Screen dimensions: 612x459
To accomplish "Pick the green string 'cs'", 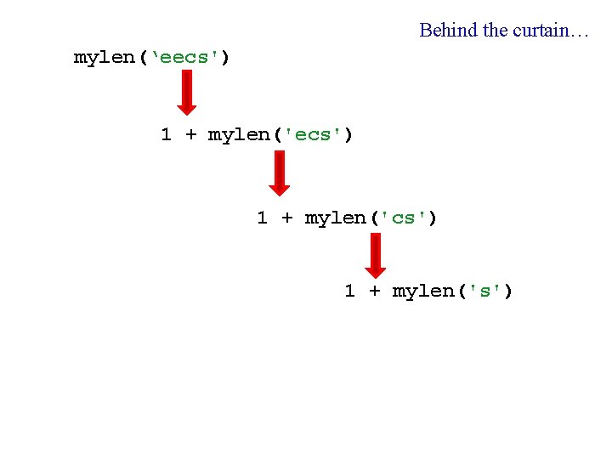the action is [x=404, y=218].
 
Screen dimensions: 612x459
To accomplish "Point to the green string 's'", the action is [x=485, y=292].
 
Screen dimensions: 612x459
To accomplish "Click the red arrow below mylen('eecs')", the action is [x=186, y=92].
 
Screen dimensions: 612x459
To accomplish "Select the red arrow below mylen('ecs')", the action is [x=279, y=173].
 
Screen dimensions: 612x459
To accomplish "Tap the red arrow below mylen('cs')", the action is [x=375, y=255].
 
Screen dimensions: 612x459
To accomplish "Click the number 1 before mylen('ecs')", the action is [x=167, y=134].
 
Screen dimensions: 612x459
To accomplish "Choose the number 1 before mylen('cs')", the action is [x=263, y=218].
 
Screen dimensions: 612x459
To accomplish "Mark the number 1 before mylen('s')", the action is [x=350, y=292].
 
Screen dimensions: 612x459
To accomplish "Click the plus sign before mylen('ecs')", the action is [x=190, y=134].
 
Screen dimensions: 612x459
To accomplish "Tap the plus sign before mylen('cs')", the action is [x=286, y=218].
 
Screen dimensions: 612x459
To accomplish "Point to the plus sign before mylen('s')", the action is [x=374, y=292].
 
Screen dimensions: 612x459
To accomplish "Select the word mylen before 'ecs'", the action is [x=238, y=134].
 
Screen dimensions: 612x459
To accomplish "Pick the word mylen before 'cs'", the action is [x=334, y=218].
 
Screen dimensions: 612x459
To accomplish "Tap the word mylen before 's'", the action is [x=422, y=292].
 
